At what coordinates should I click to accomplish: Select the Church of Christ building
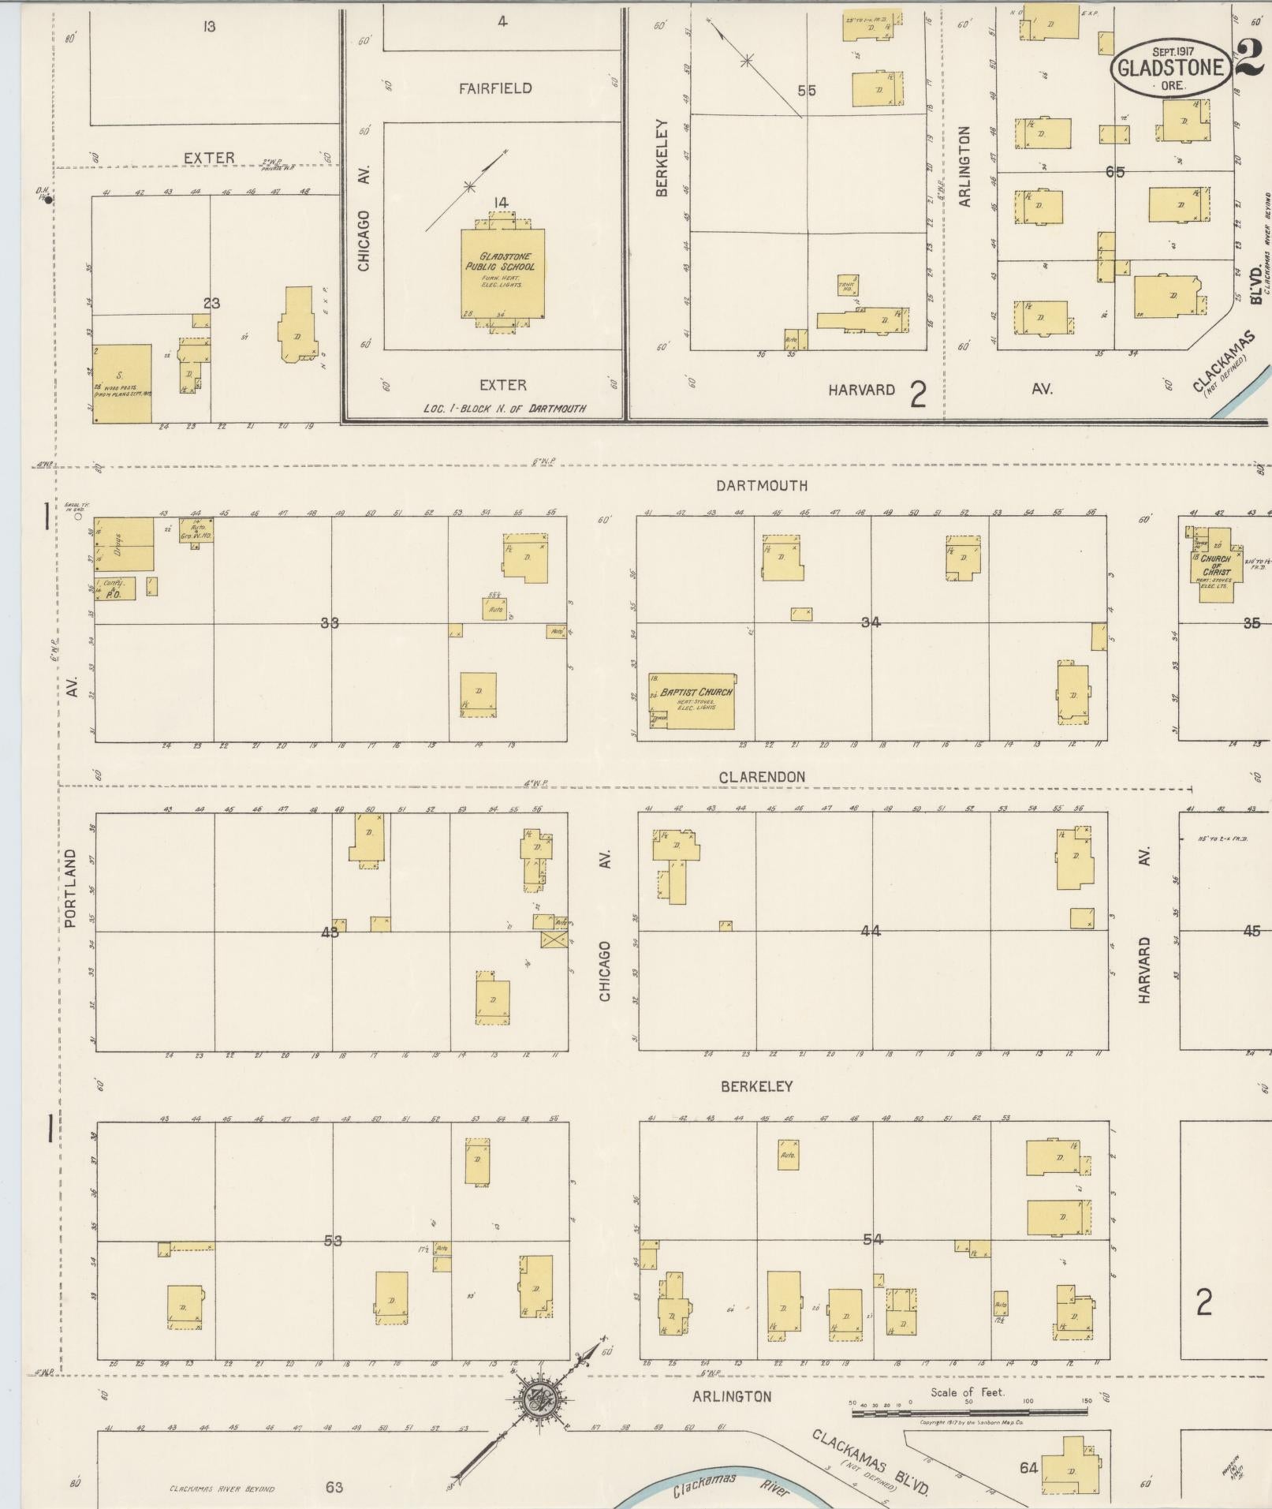coord(1217,565)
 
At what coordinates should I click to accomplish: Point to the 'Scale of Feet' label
coord(967,1392)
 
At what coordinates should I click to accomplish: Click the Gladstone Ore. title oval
coord(1171,69)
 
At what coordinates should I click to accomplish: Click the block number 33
coord(330,623)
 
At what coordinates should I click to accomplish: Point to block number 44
coord(871,932)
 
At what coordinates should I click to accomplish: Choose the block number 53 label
coord(333,1241)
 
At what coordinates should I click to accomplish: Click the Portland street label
coord(71,887)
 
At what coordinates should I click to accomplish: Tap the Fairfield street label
coord(495,88)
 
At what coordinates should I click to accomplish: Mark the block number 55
coord(806,91)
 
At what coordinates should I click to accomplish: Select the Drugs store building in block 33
coord(125,543)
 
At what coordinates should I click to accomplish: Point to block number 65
coord(1114,172)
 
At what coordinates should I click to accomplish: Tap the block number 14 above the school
coord(500,203)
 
